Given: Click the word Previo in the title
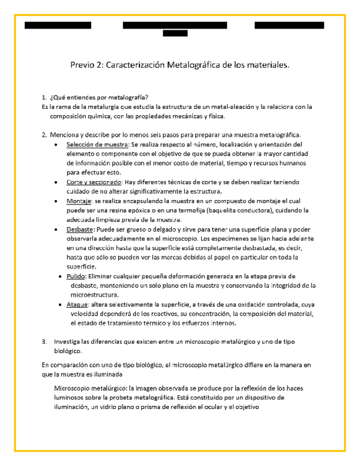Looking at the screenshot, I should click(82, 66).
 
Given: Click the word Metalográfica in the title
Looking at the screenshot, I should click(193, 66).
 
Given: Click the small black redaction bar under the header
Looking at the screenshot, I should click(176, 34).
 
